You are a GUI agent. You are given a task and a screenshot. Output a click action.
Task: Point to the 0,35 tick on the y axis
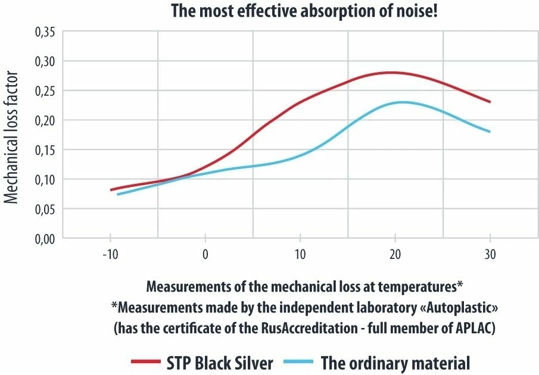pyautogui.click(x=45, y=32)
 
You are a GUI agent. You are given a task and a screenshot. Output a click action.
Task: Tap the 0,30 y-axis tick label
pyautogui.click(x=45, y=61)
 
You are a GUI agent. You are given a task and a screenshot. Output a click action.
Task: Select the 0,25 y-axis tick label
pyautogui.click(x=45, y=91)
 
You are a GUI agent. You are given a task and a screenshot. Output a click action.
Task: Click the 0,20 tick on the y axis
pyautogui.click(x=45, y=120)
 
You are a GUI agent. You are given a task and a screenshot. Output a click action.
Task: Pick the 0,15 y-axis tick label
pyautogui.click(x=45, y=150)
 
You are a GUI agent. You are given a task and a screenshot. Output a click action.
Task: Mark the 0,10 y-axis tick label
pyautogui.click(x=45, y=179)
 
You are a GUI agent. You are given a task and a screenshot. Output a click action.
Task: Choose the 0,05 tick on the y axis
pyautogui.click(x=45, y=209)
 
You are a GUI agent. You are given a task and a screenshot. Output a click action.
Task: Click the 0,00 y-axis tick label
pyautogui.click(x=45, y=238)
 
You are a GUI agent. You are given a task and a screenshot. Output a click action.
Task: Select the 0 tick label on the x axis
pyautogui.click(x=205, y=254)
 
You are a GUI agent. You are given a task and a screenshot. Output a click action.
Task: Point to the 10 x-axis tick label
pyautogui.click(x=300, y=254)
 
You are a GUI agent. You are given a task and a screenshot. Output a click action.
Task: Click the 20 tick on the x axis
pyautogui.click(x=395, y=254)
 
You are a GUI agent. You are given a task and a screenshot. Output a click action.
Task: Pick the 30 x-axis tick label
pyautogui.click(x=490, y=254)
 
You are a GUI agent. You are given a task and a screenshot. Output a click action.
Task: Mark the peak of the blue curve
pyautogui.click(x=403, y=102)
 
